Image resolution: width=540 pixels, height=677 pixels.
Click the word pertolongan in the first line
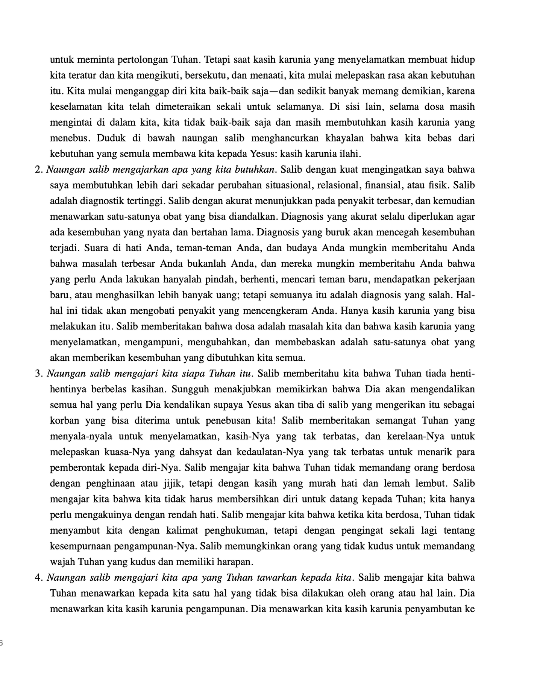tap(143, 60)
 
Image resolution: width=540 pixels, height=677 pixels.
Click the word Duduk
tap(109, 138)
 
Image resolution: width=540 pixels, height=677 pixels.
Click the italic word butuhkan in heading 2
tap(254, 170)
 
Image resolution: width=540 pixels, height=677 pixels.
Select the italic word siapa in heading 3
tap(192, 374)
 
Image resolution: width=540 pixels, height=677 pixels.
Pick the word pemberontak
tap(78, 468)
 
